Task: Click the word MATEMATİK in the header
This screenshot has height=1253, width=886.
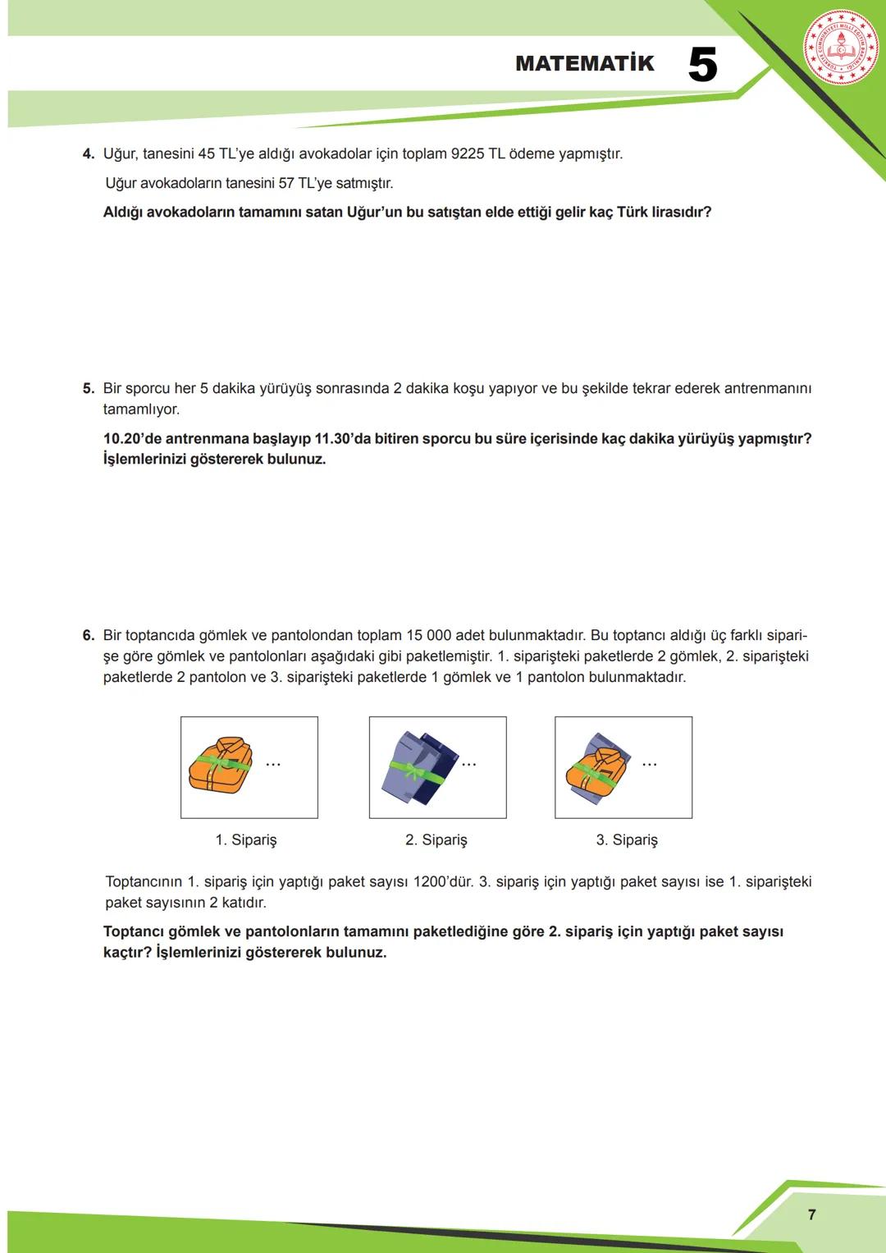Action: click(x=584, y=64)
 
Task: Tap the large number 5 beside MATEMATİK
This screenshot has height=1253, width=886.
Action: click(x=702, y=65)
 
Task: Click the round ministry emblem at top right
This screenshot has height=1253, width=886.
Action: click(x=840, y=48)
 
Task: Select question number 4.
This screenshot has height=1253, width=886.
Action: click(x=89, y=154)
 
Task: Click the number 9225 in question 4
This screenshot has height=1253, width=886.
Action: click(x=468, y=154)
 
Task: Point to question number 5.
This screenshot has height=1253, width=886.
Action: click(x=89, y=388)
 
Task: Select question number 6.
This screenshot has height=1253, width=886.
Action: click(x=89, y=635)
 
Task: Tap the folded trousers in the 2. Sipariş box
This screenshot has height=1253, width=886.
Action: click(x=417, y=767)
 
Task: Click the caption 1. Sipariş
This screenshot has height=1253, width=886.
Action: click(x=246, y=840)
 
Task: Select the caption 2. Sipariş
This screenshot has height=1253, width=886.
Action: click(x=436, y=840)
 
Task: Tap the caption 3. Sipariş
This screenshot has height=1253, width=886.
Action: click(x=627, y=840)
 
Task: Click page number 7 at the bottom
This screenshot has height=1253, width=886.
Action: click(x=811, y=1214)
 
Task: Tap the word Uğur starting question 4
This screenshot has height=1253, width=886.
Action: click(x=120, y=154)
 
